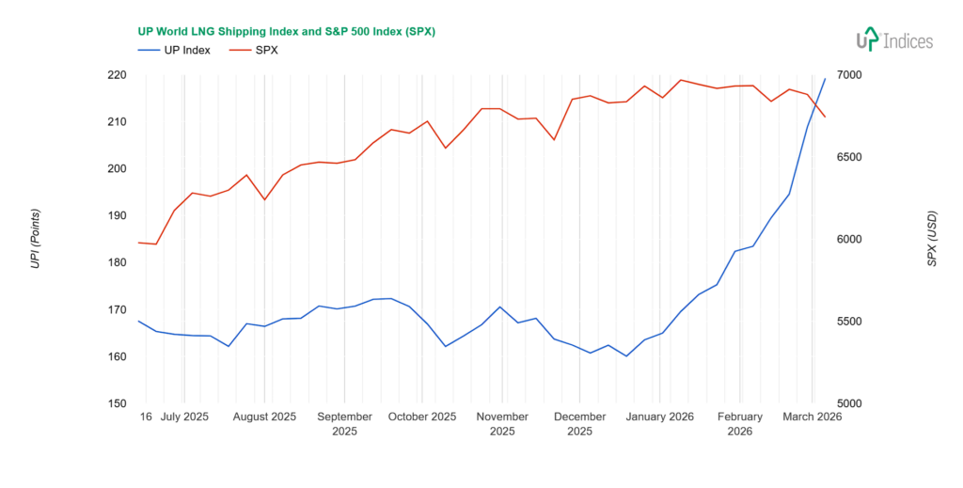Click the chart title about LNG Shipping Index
286,31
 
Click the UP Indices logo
893,39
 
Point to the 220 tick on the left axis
118,75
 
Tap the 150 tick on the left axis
118,404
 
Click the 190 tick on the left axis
118,216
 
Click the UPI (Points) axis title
35,239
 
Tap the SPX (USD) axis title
932,239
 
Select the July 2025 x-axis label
184,417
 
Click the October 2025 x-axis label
422,417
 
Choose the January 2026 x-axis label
660,417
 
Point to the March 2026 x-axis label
813,417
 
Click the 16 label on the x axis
146,417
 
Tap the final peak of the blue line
826,78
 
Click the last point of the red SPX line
826,117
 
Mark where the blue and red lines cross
814,102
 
